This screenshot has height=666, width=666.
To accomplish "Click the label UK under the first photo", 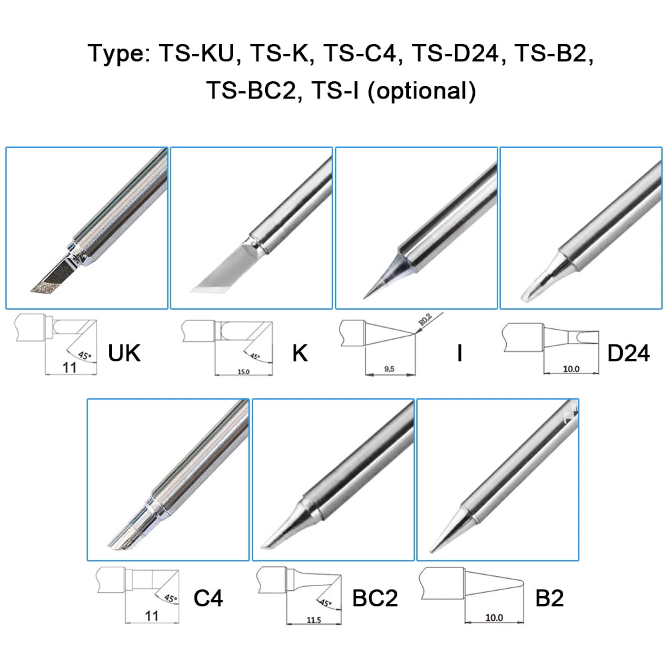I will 125,352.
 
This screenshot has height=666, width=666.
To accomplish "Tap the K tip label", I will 300,352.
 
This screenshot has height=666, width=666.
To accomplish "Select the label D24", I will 628,352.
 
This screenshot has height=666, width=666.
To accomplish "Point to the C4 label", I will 208,598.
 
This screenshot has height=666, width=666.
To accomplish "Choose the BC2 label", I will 374,598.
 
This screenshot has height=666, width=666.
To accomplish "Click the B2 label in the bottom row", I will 549,598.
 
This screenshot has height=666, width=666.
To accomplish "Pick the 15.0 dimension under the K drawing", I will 242,372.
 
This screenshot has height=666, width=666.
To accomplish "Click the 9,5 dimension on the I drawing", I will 390,368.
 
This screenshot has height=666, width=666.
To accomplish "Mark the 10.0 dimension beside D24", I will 571,369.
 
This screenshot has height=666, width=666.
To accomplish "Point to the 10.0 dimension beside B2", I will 494,617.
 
